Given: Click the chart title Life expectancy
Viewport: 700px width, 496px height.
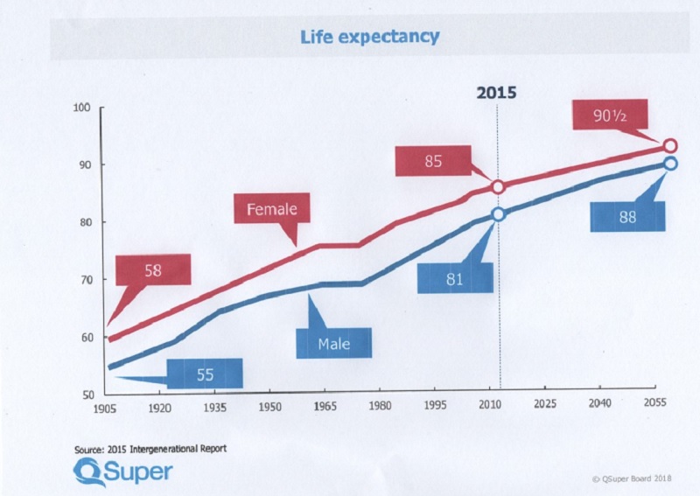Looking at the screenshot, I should pyautogui.click(x=369, y=38).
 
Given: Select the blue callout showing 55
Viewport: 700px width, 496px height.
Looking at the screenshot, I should pyautogui.click(x=206, y=374).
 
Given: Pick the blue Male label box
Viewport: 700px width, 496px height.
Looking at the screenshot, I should pyautogui.click(x=333, y=343).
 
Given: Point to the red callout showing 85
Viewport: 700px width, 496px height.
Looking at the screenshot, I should pyautogui.click(x=433, y=162).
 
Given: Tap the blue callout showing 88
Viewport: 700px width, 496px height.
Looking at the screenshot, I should pyautogui.click(x=626, y=217).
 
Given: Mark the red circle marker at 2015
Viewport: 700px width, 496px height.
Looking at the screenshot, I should pyautogui.click(x=498, y=186).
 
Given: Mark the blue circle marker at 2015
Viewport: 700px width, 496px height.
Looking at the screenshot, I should pyautogui.click(x=498, y=214).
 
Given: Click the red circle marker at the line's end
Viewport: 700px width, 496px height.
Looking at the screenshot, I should pyautogui.click(x=670, y=146).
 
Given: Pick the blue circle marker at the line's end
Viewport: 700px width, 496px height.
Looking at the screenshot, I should pyautogui.click(x=670, y=164).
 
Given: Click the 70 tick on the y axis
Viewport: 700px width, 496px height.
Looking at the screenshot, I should pyautogui.click(x=85, y=280).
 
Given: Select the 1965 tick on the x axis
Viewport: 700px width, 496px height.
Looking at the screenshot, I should pyautogui.click(x=325, y=407).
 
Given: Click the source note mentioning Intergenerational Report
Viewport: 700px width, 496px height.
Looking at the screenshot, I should pyautogui.click(x=151, y=449).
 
